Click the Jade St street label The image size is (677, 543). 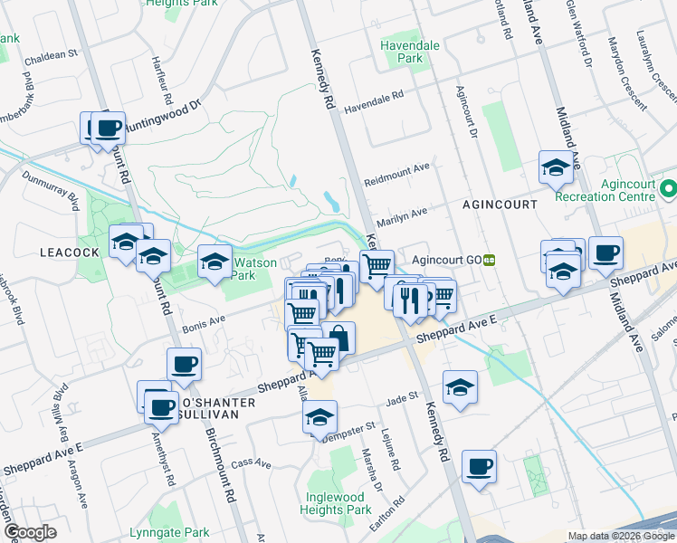[x=400, y=396]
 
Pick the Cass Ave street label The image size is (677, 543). [x=251, y=463]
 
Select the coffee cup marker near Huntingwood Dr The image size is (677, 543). [x=109, y=129]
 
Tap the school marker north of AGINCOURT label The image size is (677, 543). [x=555, y=167]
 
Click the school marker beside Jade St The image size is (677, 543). [x=461, y=386]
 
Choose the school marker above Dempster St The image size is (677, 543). [x=319, y=417]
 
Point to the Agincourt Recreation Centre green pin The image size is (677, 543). [x=669, y=190]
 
